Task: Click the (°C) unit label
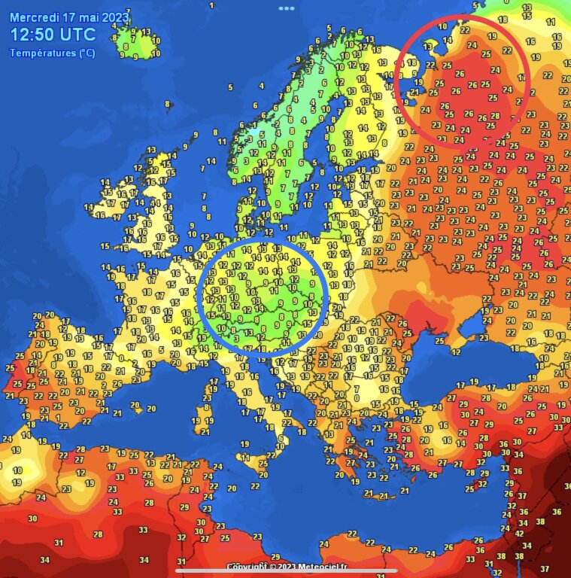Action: click(85, 53)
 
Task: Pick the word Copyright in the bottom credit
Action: click(249, 566)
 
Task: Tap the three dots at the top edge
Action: click(286, 8)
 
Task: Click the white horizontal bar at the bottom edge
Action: click(286, 570)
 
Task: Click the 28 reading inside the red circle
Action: click(494, 116)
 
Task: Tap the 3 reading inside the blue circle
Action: click(236, 338)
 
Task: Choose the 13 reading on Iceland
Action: click(146, 32)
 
